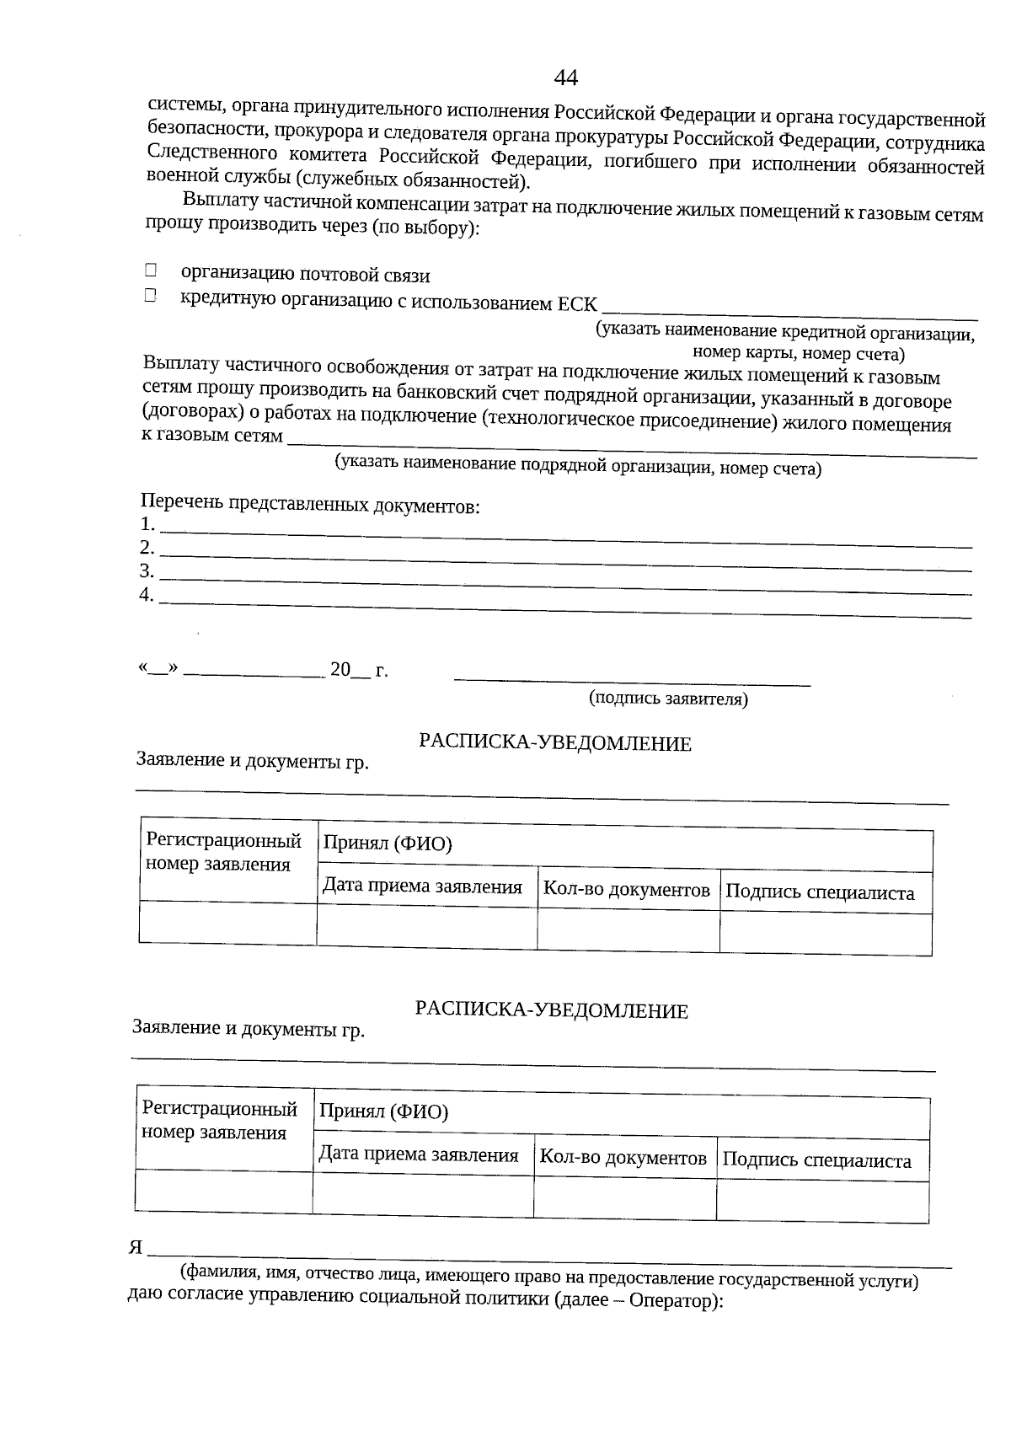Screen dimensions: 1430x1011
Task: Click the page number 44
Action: (x=565, y=78)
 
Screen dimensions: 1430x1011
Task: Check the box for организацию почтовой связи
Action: (x=151, y=270)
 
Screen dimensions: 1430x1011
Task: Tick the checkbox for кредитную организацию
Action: (x=151, y=296)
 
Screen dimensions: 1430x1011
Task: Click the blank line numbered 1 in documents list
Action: (x=564, y=531)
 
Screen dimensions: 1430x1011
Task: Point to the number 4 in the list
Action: (x=147, y=595)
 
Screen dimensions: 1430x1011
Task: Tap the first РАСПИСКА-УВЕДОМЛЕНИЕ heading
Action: (x=555, y=743)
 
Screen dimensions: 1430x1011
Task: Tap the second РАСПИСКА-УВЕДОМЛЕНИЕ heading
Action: (x=552, y=1010)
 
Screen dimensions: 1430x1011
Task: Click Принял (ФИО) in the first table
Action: (x=388, y=844)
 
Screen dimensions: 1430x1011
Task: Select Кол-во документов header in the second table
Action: (x=623, y=1158)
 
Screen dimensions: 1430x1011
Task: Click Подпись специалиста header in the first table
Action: (x=820, y=893)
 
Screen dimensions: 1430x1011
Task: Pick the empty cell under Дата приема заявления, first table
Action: (x=426, y=928)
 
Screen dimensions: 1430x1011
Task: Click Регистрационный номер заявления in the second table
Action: (x=220, y=1121)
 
